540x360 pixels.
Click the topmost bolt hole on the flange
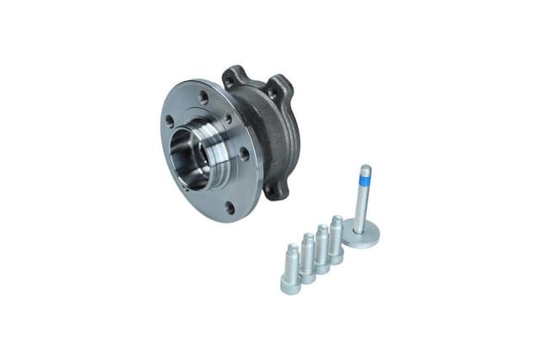coord(203,97)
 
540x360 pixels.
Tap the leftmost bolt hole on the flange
coord(170,121)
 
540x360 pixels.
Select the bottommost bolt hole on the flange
coord(228,206)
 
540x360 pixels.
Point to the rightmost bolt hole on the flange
coord(245,154)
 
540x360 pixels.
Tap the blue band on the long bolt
coord(364,180)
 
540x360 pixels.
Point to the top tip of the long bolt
coord(365,168)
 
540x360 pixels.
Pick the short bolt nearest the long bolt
coord(336,238)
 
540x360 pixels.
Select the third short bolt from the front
coord(321,248)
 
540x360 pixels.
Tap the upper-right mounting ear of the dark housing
coord(278,87)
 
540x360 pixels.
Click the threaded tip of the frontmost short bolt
coord(291,250)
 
